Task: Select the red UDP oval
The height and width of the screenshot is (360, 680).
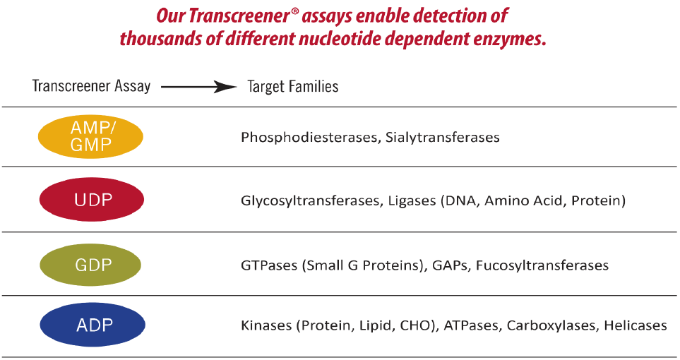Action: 93,200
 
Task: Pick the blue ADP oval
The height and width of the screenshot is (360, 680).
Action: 93,325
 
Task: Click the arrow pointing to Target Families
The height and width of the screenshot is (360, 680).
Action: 198,87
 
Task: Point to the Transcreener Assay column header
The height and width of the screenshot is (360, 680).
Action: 91,86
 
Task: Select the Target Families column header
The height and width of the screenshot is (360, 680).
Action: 292,87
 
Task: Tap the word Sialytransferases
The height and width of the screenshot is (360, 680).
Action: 442,138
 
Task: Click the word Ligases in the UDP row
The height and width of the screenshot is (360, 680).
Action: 412,201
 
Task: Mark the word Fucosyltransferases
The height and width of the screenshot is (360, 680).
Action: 542,266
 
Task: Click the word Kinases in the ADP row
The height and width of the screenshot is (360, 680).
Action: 266,325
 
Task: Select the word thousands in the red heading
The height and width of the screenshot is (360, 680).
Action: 153,38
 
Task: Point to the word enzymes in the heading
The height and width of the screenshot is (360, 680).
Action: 512,38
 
